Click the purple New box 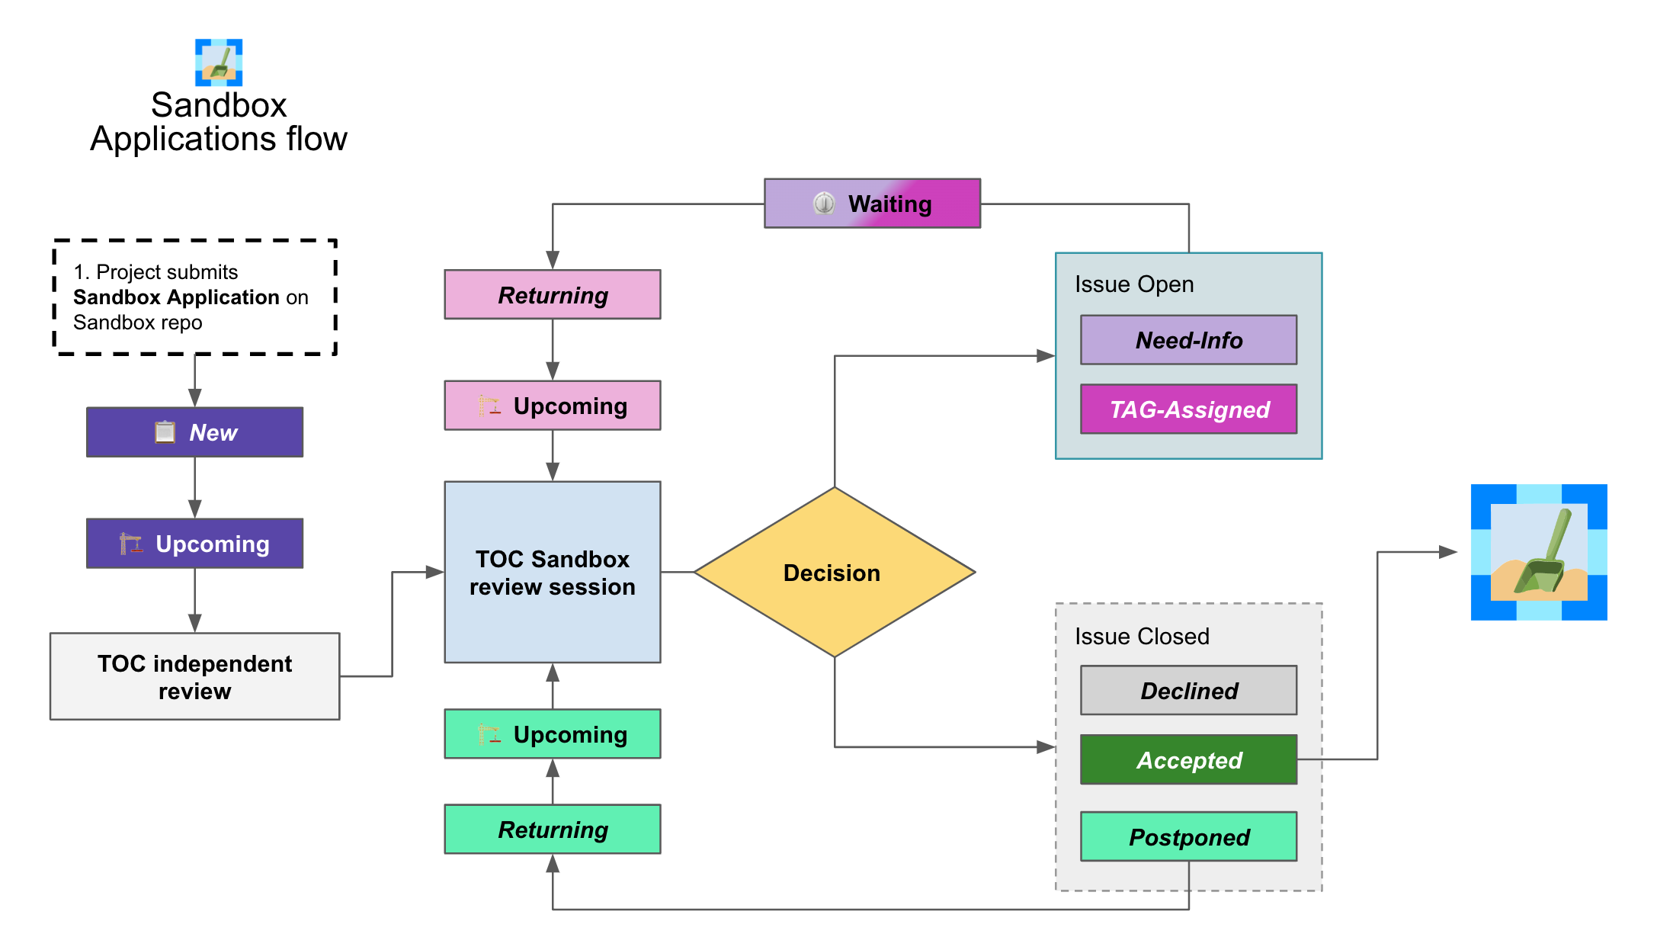tap(194, 432)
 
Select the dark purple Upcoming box tap(194, 544)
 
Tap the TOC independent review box tap(194, 676)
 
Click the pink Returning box tap(553, 294)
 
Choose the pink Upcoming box tap(553, 406)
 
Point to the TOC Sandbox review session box tap(553, 572)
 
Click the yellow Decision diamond tap(835, 572)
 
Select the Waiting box tap(872, 204)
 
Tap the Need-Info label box tap(1188, 340)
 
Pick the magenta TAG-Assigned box tap(1188, 409)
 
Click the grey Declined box tap(1188, 691)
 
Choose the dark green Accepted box tap(1188, 759)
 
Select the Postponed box tap(1188, 836)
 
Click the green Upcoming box tap(553, 734)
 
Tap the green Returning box tap(553, 830)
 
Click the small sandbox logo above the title tap(219, 63)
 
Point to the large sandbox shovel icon tap(1539, 552)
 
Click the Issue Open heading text tap(1134, 284)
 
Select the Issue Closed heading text tap(1142, 637)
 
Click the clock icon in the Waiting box tap(824, 204)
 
